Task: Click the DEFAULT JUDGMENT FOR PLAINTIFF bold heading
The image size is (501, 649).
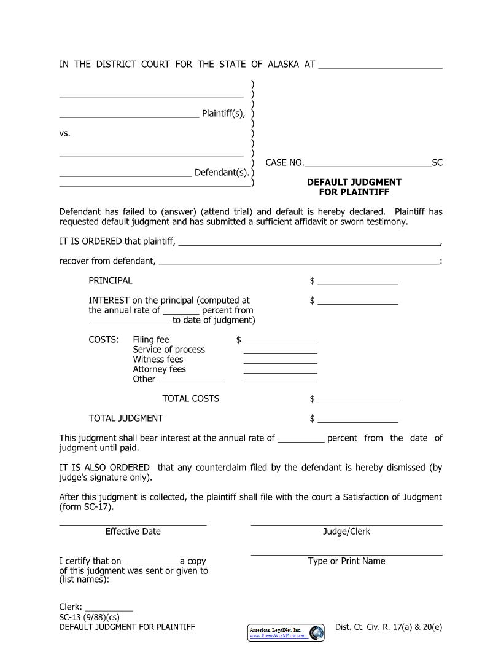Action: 354,187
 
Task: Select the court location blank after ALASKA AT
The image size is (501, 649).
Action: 380,66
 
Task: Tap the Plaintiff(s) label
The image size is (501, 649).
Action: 223,113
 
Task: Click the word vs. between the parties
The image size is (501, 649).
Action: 65,133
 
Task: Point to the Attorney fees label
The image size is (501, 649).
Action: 159,369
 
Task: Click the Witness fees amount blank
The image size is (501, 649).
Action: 280,361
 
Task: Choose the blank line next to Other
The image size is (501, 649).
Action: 192,381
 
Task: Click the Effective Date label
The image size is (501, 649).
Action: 133,532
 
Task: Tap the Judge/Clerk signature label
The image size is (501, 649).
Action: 346,532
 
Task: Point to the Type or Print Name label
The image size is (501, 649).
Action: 346,561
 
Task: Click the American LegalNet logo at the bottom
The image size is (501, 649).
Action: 286,633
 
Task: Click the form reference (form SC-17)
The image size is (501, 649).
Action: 87,507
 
